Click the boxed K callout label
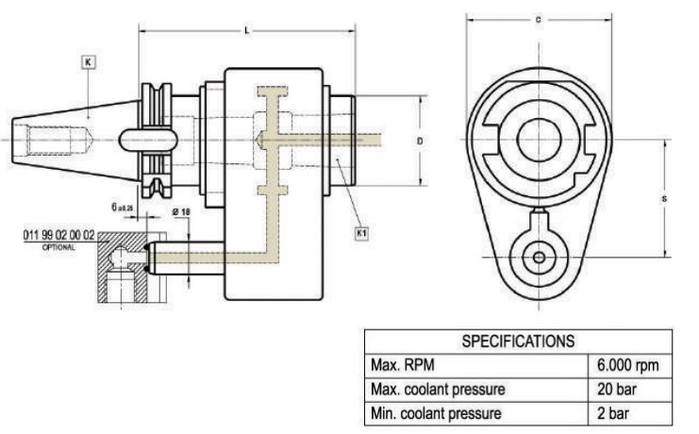tap(88, 62)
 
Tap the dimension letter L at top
tap(246, 31)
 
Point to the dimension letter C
tap(537, 19)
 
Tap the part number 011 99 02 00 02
tap(58, 234)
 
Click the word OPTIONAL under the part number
tap(58, 245)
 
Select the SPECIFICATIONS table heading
tap(517, 340)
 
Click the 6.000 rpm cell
tap(628, 364)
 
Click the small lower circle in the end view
tap(538, 257)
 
